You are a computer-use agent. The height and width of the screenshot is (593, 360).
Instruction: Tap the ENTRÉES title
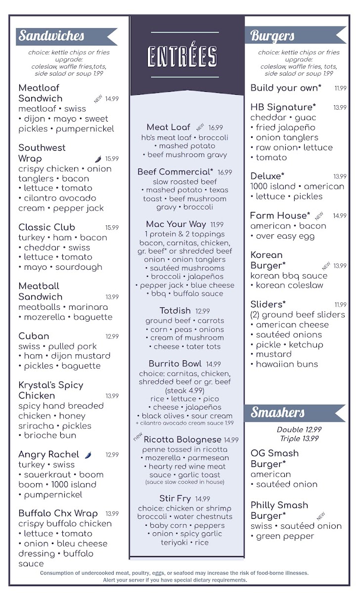pyautogui.click(x=182, y=56)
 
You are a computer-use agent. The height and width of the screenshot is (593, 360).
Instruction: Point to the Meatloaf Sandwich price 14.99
pyautogui.click(x=112, y=99)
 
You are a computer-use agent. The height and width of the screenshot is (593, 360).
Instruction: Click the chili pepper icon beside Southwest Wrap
pyautogui.click(x=98, y=159)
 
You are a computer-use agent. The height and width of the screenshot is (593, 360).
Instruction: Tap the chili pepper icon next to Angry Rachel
pyautogui.click(x=89, y=455)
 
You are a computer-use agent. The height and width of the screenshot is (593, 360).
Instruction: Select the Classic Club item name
pyautogui.click(x=47, y=227)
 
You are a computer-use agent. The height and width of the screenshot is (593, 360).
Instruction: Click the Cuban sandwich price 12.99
pyautogui.click(x=112, y=337)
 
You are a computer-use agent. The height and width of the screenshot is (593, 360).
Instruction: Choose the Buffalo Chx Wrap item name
pyautogui.click(x=58, y=513)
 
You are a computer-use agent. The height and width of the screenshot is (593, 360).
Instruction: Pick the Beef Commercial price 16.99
pyautogui.click(x=225, y=172)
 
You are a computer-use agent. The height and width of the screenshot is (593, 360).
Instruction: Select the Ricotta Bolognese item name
pyautogui.click(x=182, y=439)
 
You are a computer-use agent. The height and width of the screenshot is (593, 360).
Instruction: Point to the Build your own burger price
pyautogui.click(x=340, y=88)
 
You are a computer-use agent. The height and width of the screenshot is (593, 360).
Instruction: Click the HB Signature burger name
pyautogui.click(x=283, y=107)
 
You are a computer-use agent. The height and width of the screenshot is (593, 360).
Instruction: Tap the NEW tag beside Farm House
pyautogui.click(x=319, y=216)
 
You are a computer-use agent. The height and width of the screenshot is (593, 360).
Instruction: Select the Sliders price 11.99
pyautogui.click(x=340, y=305)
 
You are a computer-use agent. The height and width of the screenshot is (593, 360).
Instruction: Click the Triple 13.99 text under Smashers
pyautogui.click(x=299, y=439)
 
